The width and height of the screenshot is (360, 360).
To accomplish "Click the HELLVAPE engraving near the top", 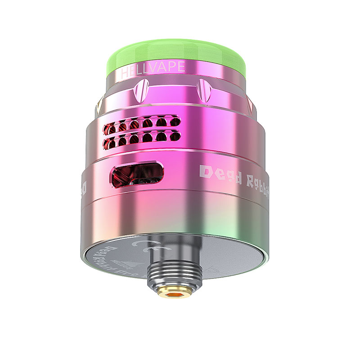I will (151, 67).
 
